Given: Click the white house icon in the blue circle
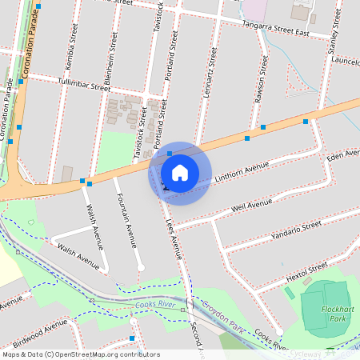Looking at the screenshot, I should [x=180, y=173].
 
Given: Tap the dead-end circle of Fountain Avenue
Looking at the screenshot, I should [x=141, y=267].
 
